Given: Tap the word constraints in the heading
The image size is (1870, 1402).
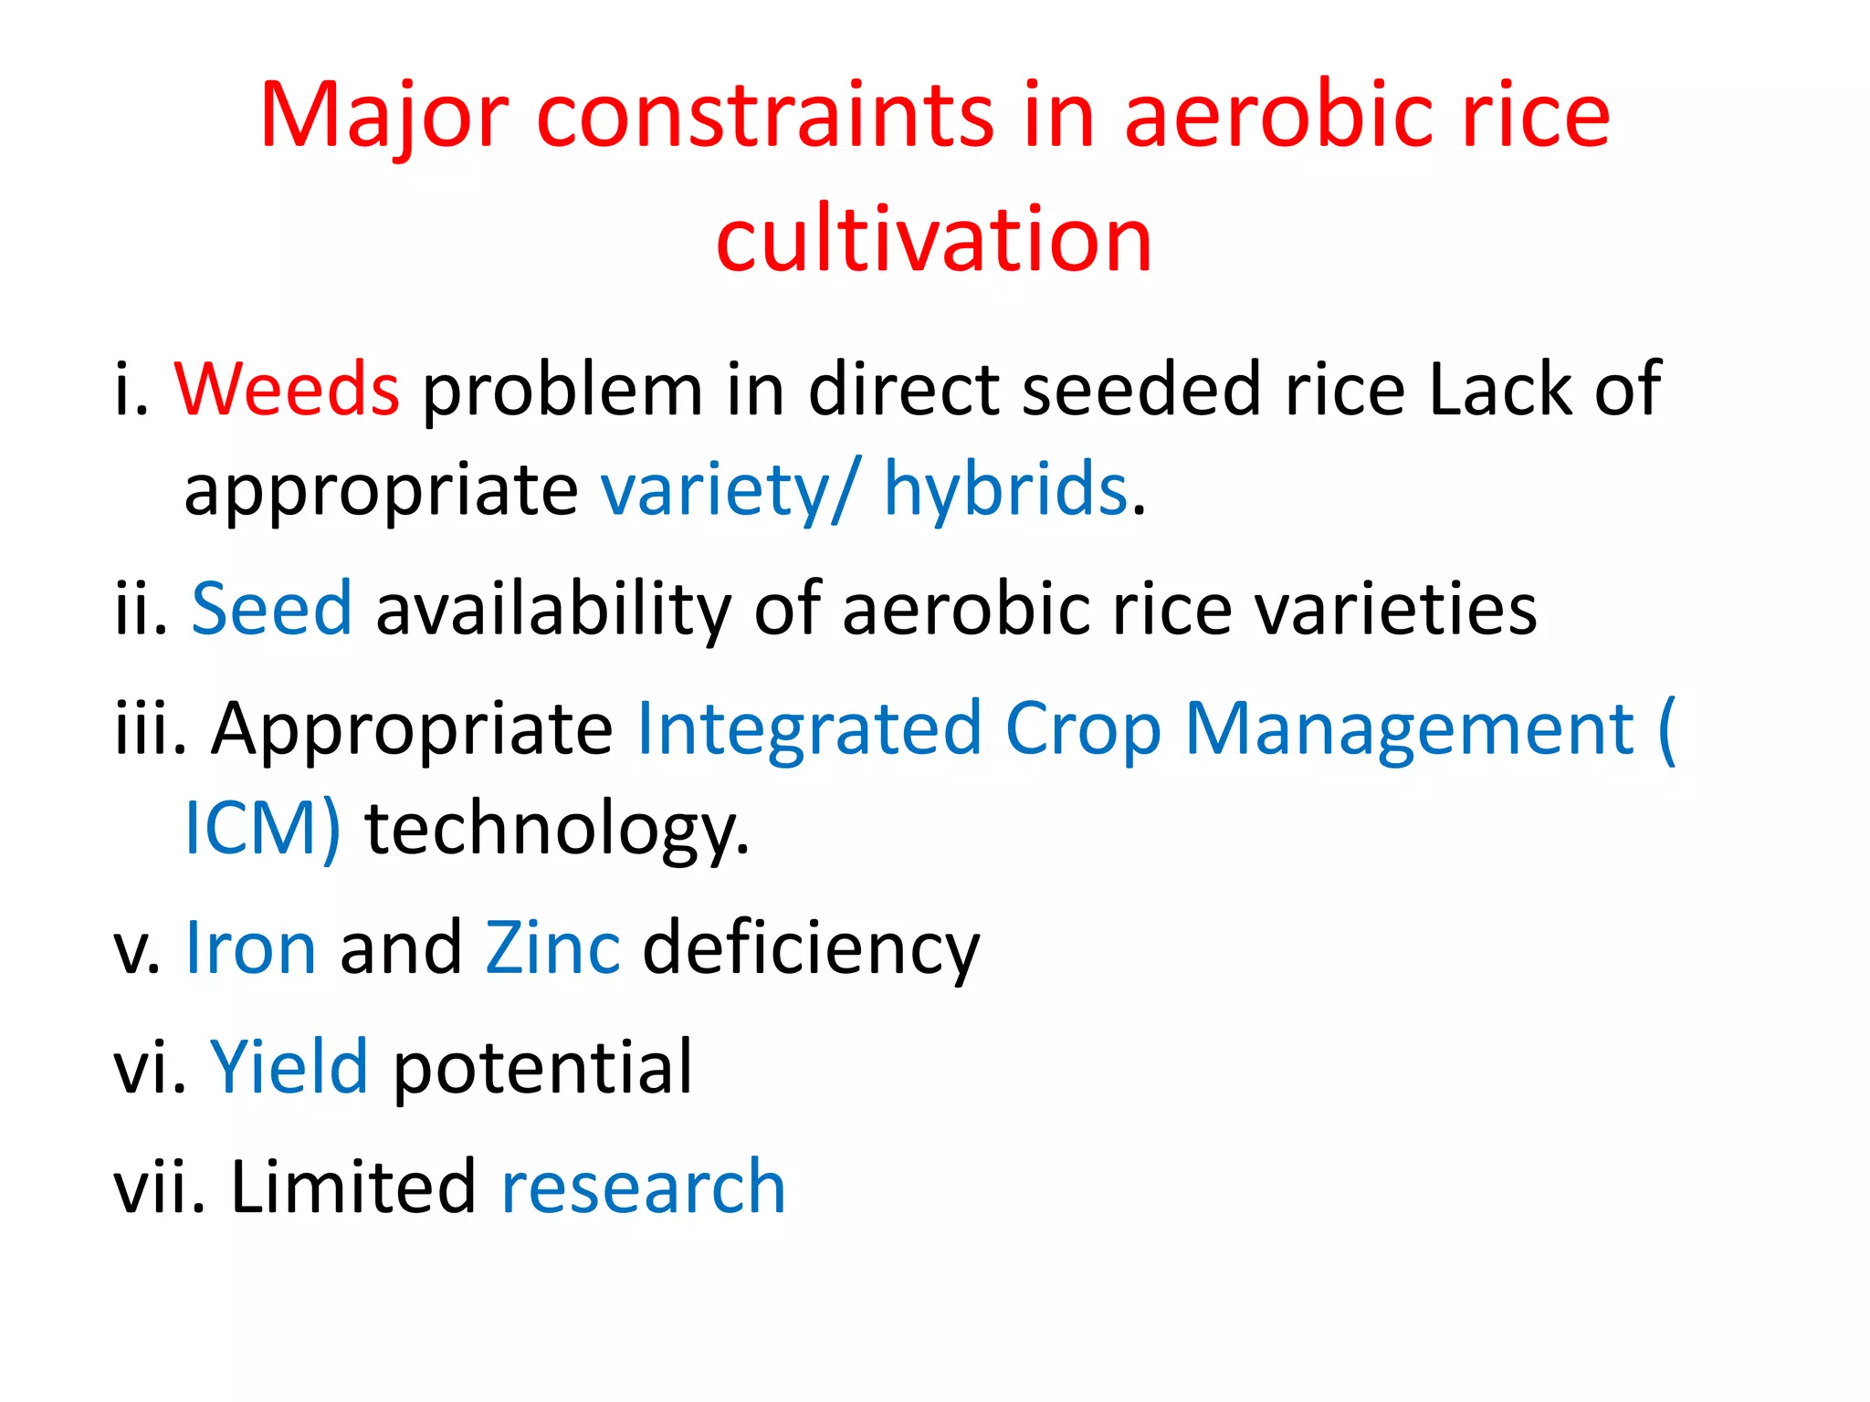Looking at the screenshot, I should click(764, 116).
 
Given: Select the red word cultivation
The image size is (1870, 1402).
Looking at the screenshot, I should click(934, 239).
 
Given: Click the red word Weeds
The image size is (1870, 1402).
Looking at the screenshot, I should click(287, 389).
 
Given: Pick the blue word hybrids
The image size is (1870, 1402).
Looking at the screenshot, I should click(1005, 489).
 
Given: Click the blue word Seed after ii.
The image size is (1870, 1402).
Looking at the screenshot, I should click(271, 608).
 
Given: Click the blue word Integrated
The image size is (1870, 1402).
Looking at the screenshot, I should click(809, 729).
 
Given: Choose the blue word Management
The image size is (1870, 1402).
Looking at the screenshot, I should click(1409, 729).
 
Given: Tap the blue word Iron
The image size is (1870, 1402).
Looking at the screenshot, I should click(251, 947).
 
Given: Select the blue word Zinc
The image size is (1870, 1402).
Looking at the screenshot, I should click(552, 947).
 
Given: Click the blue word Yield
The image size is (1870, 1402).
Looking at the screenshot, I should click(289, 1066).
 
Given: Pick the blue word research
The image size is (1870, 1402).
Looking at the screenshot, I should click(644, 1187).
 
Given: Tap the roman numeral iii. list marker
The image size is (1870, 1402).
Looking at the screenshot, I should click(151, 729).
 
